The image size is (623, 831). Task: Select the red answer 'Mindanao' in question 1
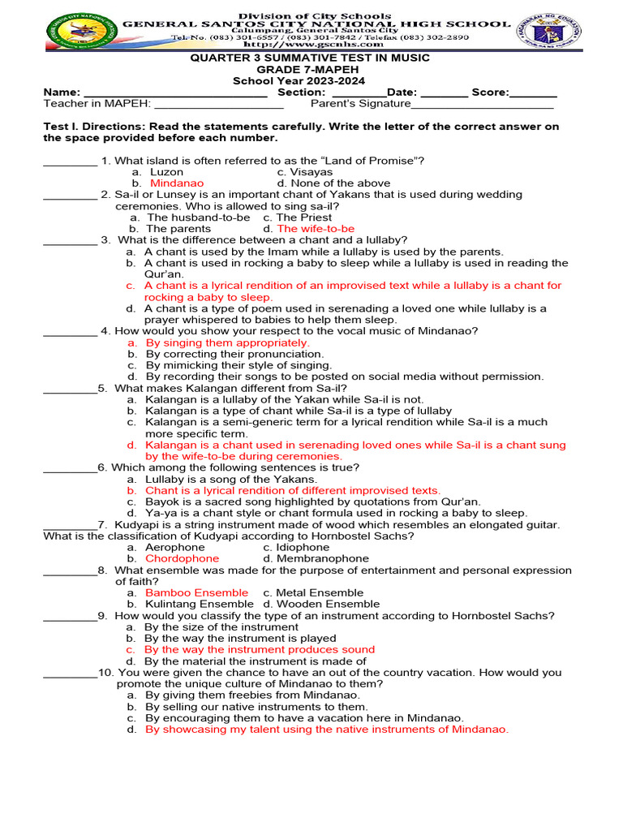tap(177, 183)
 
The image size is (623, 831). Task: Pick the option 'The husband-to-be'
tap(198, 217)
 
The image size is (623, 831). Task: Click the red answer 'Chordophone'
tap(182, 558)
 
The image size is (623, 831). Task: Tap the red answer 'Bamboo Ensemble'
tap(197, 592)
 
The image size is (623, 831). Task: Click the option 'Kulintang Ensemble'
tap(199, 604)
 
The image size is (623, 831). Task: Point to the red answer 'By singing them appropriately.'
tap(227, 342)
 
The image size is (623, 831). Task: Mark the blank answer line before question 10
tap(70, 674)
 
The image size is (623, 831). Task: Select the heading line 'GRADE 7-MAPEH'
tap(310, 70)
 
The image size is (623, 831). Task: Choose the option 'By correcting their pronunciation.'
tap(234, 354)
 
